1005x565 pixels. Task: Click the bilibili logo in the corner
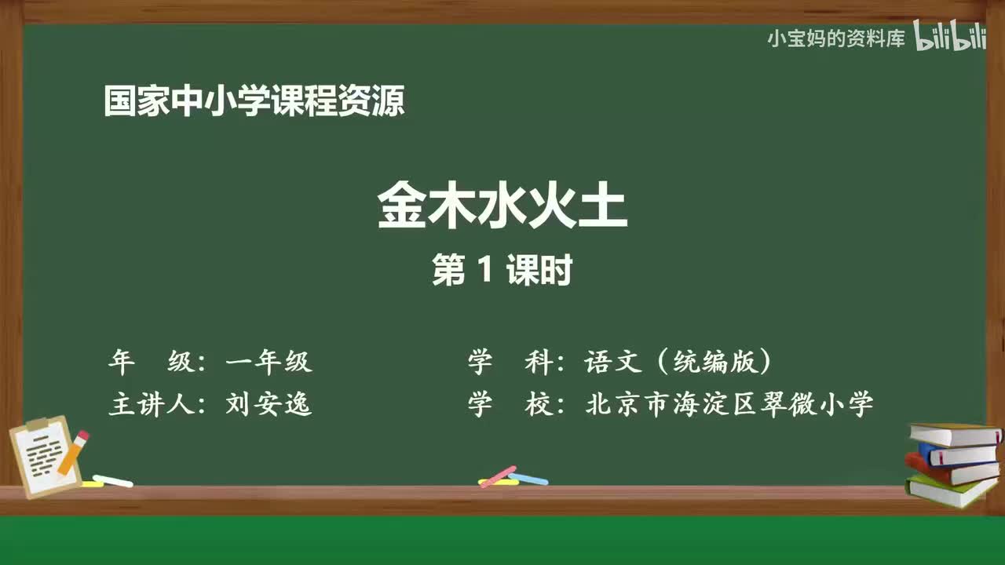pos(950,38)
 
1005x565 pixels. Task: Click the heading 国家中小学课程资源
pos(254,102)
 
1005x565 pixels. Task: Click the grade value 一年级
pos(269,362)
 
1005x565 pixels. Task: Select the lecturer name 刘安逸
pos(269,404)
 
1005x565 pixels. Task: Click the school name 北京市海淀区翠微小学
pos(729,404)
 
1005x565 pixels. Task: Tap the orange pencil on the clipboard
pos(73,453)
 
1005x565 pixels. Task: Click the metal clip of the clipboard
pos(37,425)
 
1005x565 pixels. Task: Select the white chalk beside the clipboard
pos(113,480)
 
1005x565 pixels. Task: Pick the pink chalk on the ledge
pos(498,476)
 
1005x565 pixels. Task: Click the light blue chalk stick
pos(528,478)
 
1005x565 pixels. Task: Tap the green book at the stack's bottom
pos(950,491)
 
